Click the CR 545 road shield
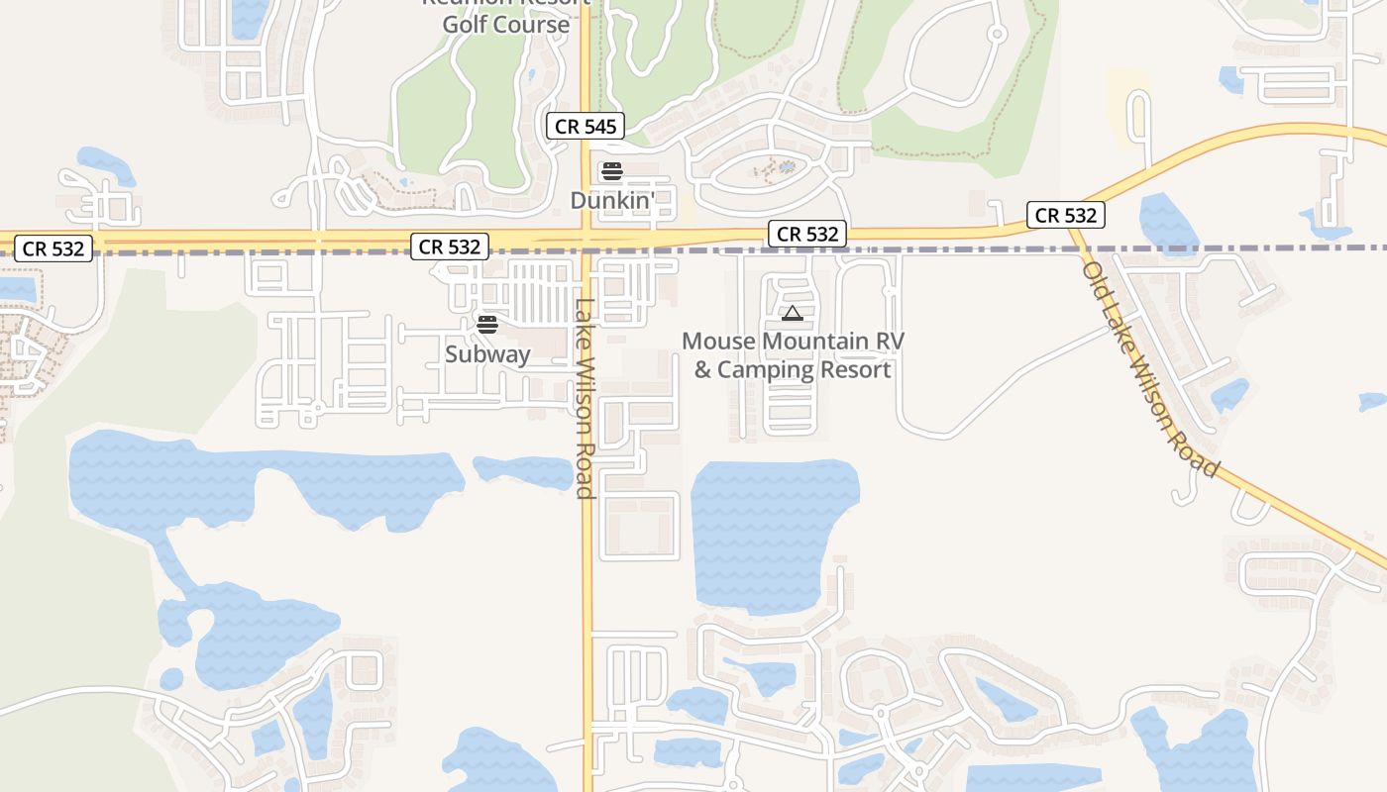pyautogui.click(x=586, y=126)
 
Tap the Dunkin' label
pyautogui.click(x=611, y=200)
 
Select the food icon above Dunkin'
pyautogui.click(x=611, y=171)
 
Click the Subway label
pyautogui.click(x=487, y=353)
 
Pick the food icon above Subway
pyautogui.click(x=486, y=325)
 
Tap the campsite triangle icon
pyautogui.click(x=791, y=314)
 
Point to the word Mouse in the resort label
pyautogui.click(x=718, y=342)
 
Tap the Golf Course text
pyautogui.click(x=505, y=25)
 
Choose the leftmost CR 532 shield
pyautogui.click(x=53, y=247)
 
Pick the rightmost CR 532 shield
pyautogui.click(x=1065, y=215)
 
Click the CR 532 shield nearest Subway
pyautogui.click(x=450, y=247)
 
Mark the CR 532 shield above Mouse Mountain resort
pyautogui.click(x=808, y=234)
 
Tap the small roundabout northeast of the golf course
pyautogui.click(x=998, y=34)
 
